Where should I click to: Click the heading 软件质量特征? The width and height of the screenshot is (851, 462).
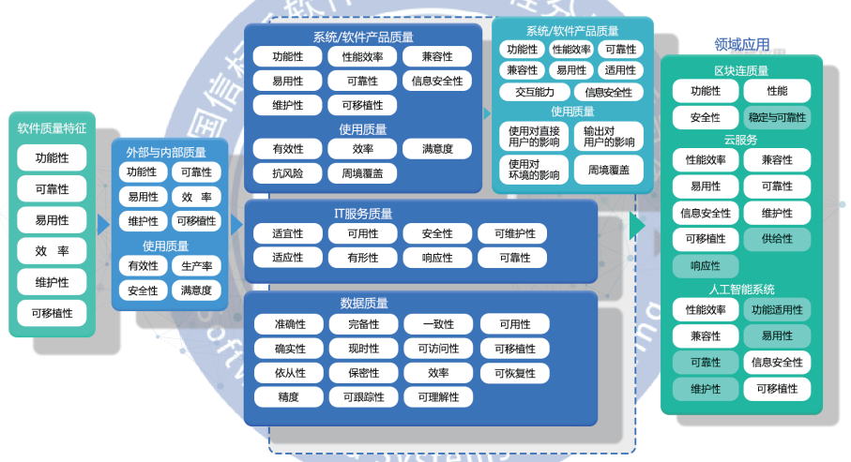(52, 127)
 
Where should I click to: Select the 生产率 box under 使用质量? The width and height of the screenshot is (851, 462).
(197, 266)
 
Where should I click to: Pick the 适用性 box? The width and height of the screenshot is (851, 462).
(620, 70)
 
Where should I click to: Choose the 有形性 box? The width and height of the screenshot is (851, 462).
(362, 258)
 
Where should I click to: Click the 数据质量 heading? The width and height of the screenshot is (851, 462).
(363, 303)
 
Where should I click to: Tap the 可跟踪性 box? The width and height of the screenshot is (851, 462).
(362, 396)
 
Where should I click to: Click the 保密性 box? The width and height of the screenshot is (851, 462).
(362, 373)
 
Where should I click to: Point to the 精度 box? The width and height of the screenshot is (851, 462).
(287, 396)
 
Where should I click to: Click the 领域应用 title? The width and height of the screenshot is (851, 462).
(741, 44)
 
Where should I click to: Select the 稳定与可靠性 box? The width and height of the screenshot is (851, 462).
(777, 117)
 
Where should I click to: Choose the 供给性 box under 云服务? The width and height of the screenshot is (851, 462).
(777, 239)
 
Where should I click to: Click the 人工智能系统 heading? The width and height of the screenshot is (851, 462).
(741, 290)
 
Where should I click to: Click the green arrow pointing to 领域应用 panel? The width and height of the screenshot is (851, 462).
(638, 226)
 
